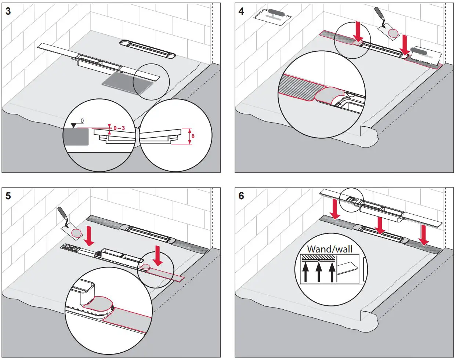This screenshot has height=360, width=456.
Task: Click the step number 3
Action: point(8,11)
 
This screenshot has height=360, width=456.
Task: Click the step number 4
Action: point(241,11)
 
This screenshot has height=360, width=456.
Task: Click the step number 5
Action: point(8,196)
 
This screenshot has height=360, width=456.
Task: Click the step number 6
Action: point(241,196)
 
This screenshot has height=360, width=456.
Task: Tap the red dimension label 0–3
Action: point(119,128)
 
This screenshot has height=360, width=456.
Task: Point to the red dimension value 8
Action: point(193,136)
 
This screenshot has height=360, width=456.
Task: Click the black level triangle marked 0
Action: point(74,126)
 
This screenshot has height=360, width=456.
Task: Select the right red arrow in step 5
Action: point(158,255)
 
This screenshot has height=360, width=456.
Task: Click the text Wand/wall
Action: point(329,249)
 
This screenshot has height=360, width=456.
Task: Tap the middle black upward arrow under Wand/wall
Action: point(319,272)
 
